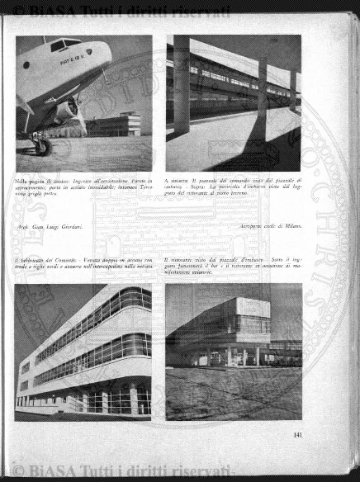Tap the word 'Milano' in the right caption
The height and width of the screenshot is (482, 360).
pos(291,225)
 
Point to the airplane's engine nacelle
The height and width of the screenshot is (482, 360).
pos(66,107)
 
